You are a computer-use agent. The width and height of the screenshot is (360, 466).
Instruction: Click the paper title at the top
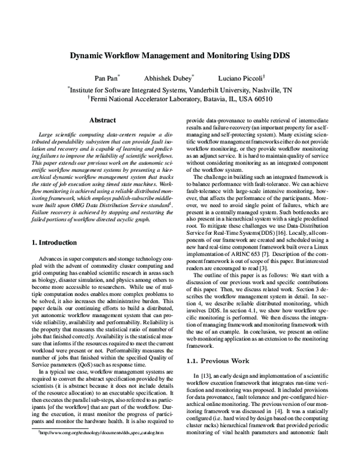coord(180,56)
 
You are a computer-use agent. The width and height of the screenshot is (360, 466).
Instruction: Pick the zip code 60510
coord(260,99)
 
